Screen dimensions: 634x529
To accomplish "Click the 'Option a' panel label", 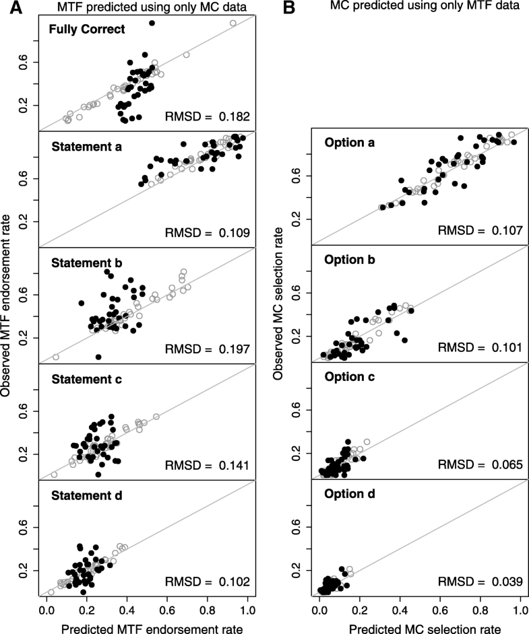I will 349,143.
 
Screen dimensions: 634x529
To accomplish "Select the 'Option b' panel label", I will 349,259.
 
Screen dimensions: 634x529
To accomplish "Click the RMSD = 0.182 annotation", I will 208,117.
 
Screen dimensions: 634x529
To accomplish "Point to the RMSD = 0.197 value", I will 208,349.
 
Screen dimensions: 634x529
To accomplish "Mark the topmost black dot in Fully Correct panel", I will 152,23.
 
